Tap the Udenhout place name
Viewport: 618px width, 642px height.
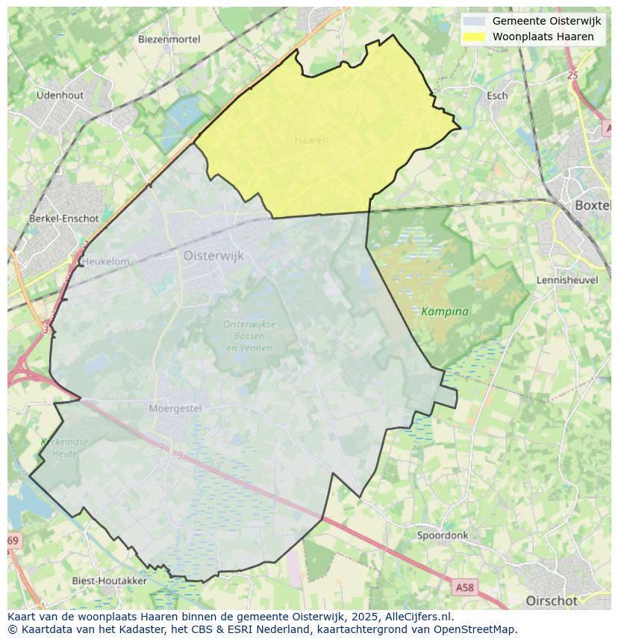pos(60,95)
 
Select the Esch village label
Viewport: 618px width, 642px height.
pos(497,95)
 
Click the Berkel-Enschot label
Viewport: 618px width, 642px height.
pos(63,218)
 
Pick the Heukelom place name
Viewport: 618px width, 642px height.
pos(105,262)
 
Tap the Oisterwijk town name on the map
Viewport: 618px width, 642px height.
pos(213,255)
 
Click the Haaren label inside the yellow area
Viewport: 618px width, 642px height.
pos(311,140)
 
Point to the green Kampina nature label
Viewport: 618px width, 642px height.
pos(445,311)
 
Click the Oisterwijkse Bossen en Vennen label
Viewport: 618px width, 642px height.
pos(249,336)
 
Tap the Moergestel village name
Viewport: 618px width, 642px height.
pos(175,409)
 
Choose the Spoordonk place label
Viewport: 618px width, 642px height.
pos(443,535)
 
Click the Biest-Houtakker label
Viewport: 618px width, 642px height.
pos(109,580)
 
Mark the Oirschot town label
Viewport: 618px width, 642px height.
pos(552,600)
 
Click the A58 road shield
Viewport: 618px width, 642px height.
pos(464,588)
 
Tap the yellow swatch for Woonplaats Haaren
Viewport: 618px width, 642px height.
pos(474,37)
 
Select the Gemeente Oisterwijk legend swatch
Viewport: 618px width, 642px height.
pos(474,22)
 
